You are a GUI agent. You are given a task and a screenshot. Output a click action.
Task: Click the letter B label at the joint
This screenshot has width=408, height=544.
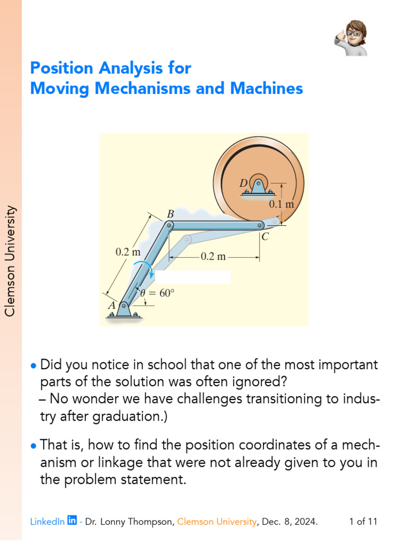tap(171, 214)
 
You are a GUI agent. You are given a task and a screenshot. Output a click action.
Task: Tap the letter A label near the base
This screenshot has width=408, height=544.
tap(112, 306)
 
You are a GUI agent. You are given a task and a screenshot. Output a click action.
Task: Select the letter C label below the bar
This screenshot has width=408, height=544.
tap(265, 237)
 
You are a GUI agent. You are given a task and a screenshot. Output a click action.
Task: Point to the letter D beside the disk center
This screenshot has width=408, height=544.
tap(243, 183)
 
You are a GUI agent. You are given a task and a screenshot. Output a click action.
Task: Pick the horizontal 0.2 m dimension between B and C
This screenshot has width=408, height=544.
tap(213, 257)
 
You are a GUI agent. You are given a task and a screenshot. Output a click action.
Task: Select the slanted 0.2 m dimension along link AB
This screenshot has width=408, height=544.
tap(128, 253)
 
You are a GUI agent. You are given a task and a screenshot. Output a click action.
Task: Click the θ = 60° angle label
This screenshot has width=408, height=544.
tap(157, 292)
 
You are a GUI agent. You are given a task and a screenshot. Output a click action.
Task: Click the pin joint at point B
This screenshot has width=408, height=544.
tap(169, 226)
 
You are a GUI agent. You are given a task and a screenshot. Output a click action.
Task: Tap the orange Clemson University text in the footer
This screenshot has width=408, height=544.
tap(217, 522)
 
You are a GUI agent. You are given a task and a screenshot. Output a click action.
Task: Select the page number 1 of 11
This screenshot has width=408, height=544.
tap(363, 522)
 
